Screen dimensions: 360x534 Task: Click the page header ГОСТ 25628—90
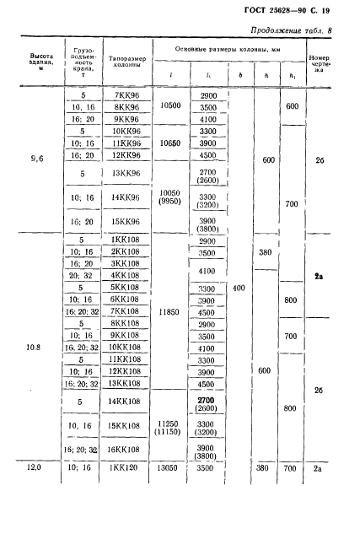[x=275, y=10]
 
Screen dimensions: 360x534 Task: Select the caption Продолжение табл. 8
[x=291, y=30]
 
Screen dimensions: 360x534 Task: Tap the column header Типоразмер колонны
[x=127, y=62]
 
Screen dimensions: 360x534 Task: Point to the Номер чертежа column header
[x=320, y=63]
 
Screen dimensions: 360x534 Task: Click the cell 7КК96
[x=126, y=95]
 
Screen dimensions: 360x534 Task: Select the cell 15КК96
[x=126, y=221]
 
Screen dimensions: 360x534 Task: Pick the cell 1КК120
[x=124, y=467]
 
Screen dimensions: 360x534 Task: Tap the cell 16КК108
[x=123, y=450]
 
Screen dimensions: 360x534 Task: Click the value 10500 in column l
[x=170, y=105]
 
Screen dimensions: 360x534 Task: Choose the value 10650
[x=170, y=143]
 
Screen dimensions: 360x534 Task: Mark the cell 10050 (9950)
[x=169, y=197]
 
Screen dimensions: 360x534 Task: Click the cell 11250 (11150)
[x=168, y=428]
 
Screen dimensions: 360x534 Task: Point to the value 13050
[x=167, y=468]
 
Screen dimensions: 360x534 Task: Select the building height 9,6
[x=37, y=159]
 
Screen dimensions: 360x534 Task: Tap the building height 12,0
[x=34, y=467]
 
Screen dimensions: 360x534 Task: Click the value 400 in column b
[x=239, y=289]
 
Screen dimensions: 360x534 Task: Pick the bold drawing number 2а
[x=319, y=276]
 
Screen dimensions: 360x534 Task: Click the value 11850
[x=169, y=311]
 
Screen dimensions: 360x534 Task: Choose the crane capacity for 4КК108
[x=81, y=275]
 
